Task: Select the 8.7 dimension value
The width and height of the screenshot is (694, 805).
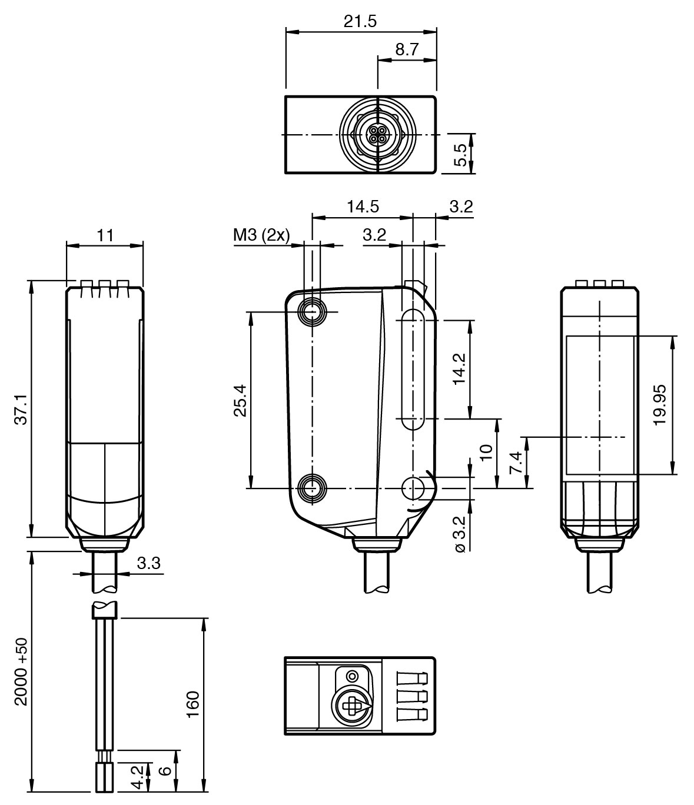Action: [406, 50]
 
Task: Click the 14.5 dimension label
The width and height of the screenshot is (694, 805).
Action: [363, 207]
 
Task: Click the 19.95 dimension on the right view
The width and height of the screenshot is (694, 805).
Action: [660, 404]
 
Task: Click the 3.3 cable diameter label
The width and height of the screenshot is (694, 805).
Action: [148, 564]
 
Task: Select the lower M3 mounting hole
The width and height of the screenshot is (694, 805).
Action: [312, 488]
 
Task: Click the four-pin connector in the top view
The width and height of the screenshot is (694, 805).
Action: [376, 135]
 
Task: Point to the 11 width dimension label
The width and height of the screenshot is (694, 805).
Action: [105, 236]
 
